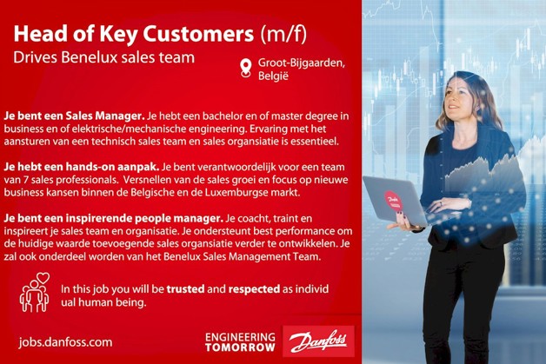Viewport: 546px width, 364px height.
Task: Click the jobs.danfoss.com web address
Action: [65, 342]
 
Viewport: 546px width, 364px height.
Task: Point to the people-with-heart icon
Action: [35, 294]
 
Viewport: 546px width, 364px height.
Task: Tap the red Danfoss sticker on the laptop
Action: [389, 199]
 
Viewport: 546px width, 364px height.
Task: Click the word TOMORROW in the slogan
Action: [240, 347]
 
